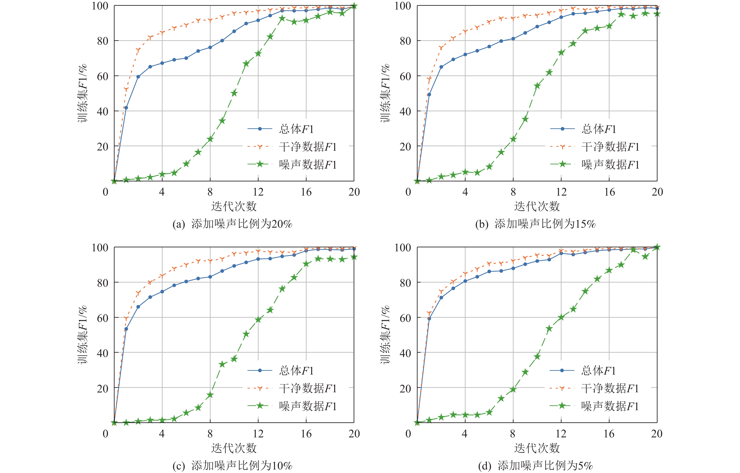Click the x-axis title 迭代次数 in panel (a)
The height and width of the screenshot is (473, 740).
click(x=234, y=206)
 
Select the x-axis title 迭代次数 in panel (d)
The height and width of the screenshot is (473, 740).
click(x=537, y=448)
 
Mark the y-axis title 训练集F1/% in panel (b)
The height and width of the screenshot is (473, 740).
click(x=385, y=93)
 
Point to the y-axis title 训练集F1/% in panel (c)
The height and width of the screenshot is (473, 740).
click(x=82, y=335)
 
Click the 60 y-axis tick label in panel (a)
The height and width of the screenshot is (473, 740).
click(x=102, y=76)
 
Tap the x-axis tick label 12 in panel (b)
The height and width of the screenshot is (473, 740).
click(x=561, y=192)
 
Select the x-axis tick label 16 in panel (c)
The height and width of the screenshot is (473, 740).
click(x=306, y=434)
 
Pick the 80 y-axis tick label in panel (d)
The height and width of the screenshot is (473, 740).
click(x=405, y=283)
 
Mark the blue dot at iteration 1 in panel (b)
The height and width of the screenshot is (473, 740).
click(x=429, y=95)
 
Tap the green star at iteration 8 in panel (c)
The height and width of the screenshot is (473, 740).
click(x=210, y=395)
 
